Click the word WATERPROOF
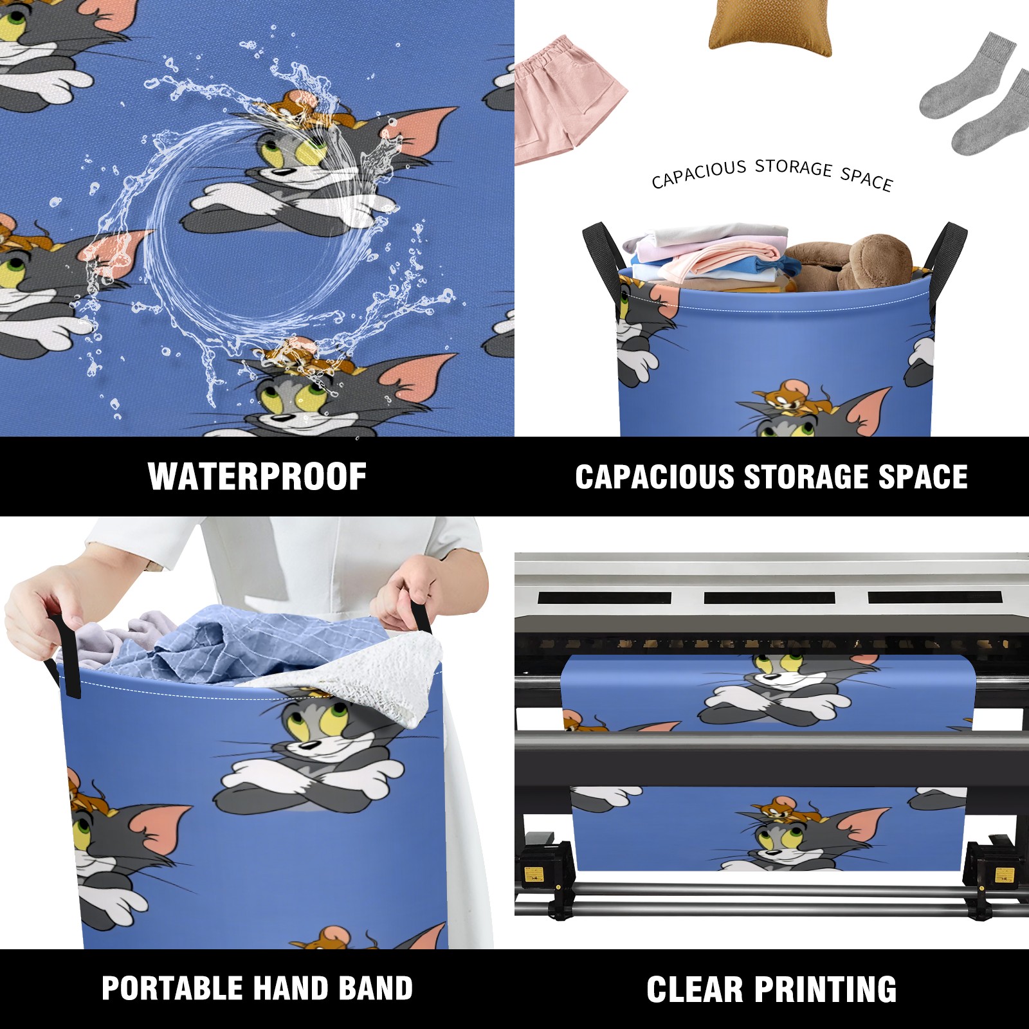257,477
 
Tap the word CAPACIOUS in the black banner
655,477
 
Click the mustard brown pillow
770,27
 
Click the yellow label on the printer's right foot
1004,875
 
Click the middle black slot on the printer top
769,597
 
